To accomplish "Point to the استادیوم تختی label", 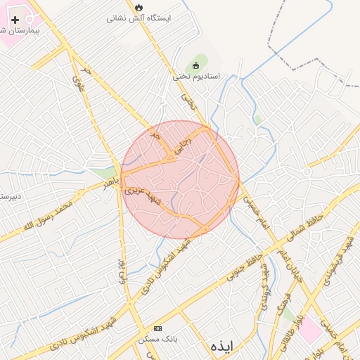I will click(x=196, y=75).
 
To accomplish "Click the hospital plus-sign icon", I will click(x=15, y=20).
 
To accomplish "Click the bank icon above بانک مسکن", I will click(x=157, y=328).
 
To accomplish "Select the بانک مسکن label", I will click(x=157, y=339).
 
